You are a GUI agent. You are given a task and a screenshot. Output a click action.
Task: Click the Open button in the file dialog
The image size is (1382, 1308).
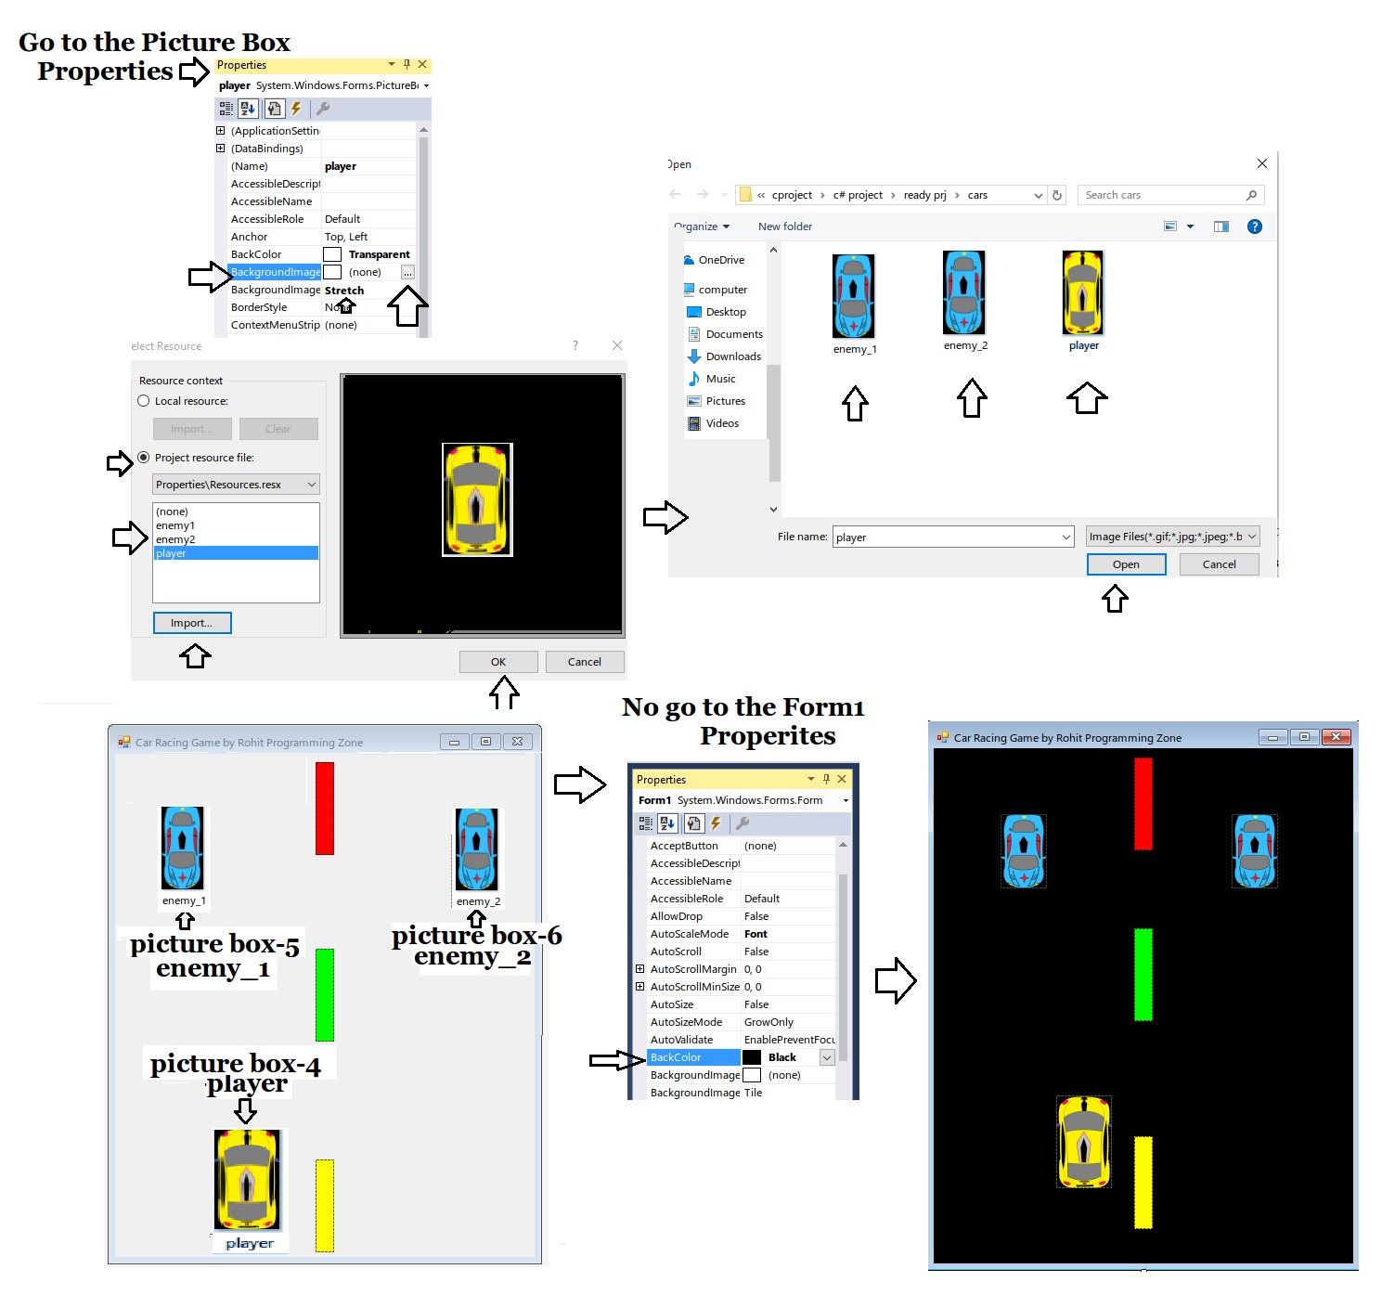pyautogui.click(x=1126, y=564)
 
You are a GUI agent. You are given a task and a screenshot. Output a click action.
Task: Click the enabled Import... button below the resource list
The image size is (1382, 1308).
pyautogui.click(x=192, y=623)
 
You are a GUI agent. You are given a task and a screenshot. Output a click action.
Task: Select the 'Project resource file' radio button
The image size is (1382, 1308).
pyautogui.click(x=144, y=458)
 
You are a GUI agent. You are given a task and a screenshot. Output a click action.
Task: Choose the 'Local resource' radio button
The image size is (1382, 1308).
pyautogui.click(x=144, y=401)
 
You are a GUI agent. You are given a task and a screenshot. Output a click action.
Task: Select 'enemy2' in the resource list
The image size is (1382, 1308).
pyautogui.click(x=175, y=539)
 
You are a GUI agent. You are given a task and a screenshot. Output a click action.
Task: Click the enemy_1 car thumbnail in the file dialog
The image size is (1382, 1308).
pyautogui.click(x=854, y=296)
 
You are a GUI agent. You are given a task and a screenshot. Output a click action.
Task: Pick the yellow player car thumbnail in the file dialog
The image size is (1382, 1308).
pyautogui.click(x=1083, y=293)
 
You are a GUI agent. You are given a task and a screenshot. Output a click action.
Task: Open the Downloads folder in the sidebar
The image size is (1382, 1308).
pyautogui.click(x=732, y=356)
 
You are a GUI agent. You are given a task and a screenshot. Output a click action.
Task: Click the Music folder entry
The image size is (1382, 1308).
pyautogui.click(x=720, y=379)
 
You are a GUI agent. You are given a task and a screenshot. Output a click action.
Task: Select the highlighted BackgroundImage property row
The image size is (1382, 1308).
pyautogui.click(x=276, y=272)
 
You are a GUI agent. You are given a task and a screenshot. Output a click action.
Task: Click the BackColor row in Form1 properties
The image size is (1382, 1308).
pyautogui.click(x=692, y=1057)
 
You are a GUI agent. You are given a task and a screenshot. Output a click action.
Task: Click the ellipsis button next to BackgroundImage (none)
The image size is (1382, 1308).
pyautogui.click(x=407, y=272)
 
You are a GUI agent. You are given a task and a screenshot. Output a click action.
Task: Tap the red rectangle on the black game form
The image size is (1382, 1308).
pyautogui.click(x=1143, y=803)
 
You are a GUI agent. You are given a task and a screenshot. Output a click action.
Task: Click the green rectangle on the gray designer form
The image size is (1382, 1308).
pyautogui.click(x=325, y=994)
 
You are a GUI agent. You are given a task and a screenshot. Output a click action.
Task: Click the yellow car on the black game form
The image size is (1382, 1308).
pyautogui.click(x=1084, y=1142)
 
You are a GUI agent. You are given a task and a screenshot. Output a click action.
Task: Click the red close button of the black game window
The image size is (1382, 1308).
pyautogui.click(x=1336, y=737)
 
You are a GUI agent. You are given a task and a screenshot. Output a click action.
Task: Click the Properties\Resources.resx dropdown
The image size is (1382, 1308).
pyautogui.click(x=236, y=485)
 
